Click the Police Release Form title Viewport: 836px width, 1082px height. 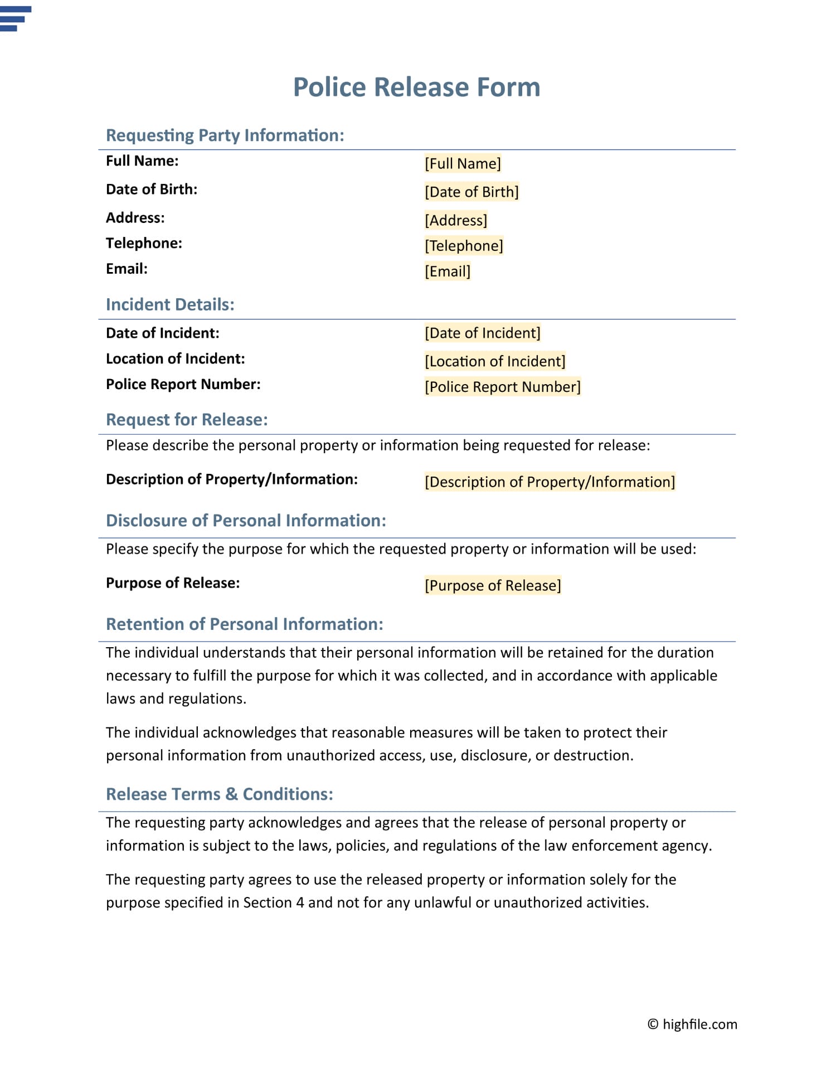tap(416, 87)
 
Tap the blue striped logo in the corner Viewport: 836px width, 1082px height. tap(15, 18)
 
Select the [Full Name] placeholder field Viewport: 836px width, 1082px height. tap(463, 163)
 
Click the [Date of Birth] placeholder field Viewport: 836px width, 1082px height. tap(472, 192)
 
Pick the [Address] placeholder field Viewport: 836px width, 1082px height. tap(456, 220)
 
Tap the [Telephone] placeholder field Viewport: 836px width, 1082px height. tap(464, 245)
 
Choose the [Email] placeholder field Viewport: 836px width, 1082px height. tap(448, 271)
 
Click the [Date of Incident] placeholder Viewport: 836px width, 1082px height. tap(483, 333)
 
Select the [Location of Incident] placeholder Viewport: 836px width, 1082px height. tap(495, 361)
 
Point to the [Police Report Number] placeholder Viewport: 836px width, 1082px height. tap(503, 387)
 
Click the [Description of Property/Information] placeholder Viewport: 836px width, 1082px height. tap(550, 482)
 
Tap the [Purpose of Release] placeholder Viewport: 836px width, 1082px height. tap(493, 585)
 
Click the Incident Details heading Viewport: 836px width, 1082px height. tap(170, 304)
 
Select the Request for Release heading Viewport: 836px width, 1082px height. tap(187, 420)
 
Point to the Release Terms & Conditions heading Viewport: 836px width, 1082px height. tap(220, 794)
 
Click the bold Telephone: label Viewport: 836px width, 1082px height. tap(144, 243)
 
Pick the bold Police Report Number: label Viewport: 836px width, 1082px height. tap(183, 384)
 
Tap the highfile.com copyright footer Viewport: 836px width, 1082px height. tap(692, 1024)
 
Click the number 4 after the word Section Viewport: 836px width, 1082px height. tap(300, 903)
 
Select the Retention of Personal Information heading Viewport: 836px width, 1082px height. tap(245, 624)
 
